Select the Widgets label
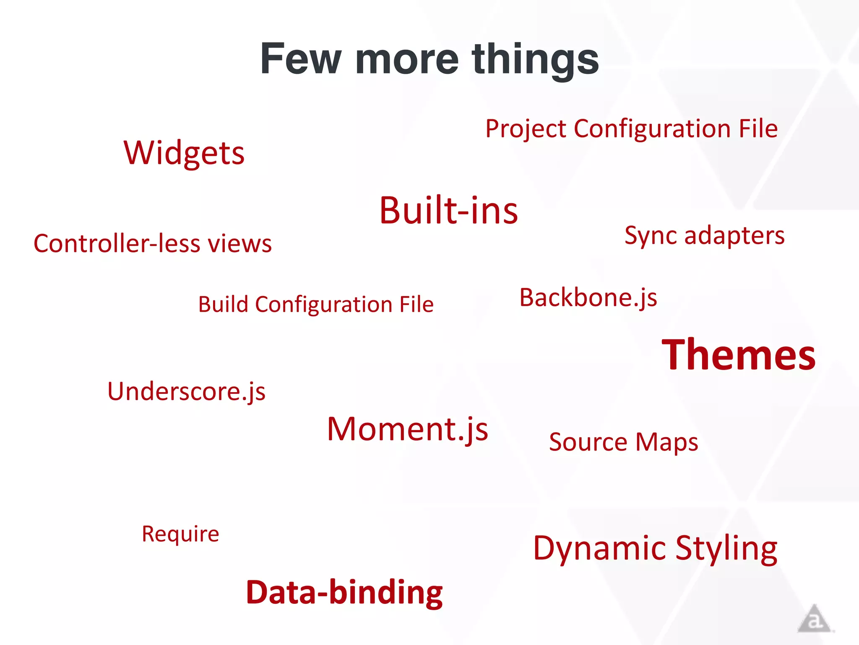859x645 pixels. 184,153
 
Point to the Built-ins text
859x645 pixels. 448,210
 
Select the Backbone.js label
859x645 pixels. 588,298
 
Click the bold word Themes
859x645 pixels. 739,355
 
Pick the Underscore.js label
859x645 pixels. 186,391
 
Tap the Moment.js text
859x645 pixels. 407,429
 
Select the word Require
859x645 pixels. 180,534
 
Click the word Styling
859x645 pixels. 726,548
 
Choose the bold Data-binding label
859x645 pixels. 344,592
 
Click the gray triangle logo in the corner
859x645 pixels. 814,619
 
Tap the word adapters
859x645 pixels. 734,236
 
